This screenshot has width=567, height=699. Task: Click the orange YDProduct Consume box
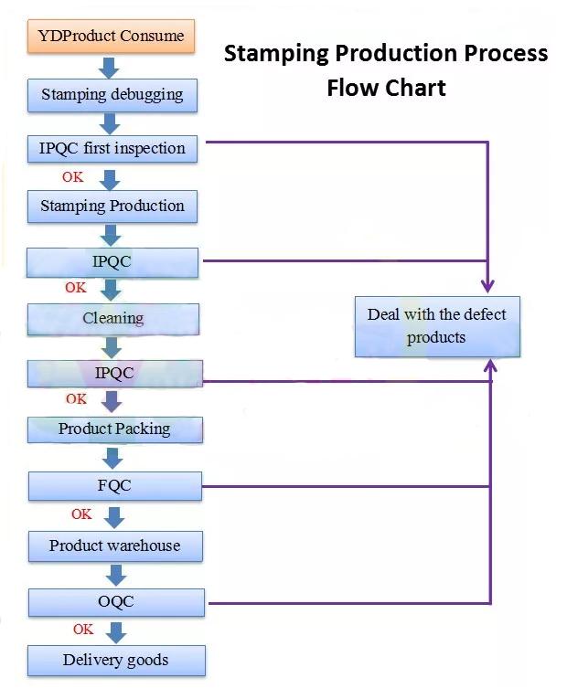click(x=112, y=37)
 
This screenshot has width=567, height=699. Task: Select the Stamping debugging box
click(x=112, y=94)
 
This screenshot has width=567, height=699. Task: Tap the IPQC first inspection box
click(x=112, y=148)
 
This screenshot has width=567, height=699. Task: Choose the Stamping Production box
click(x=112, y=206)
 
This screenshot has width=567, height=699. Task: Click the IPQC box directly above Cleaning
click(x=112, y=262)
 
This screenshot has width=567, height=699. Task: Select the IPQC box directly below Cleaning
click(x=114, y=373)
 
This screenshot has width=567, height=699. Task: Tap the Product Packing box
click(x=114, y=429)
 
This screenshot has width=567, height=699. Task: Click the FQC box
click(x=114, y=486)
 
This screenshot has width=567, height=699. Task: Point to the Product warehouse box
click(x=115, y=545)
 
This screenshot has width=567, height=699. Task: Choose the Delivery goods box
click(x=116, y=660)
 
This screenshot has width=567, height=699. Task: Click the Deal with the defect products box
click(x=437, y=326)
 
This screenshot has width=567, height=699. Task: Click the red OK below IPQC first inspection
click(x=72, y=177)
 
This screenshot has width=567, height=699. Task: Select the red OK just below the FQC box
click(x=81, y=514)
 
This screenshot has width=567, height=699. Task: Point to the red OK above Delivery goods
click(x=83, y=630)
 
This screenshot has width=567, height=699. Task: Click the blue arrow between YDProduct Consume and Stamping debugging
click(x=110, y=67)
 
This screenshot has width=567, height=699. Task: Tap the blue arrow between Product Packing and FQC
click(x=114, y=456)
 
